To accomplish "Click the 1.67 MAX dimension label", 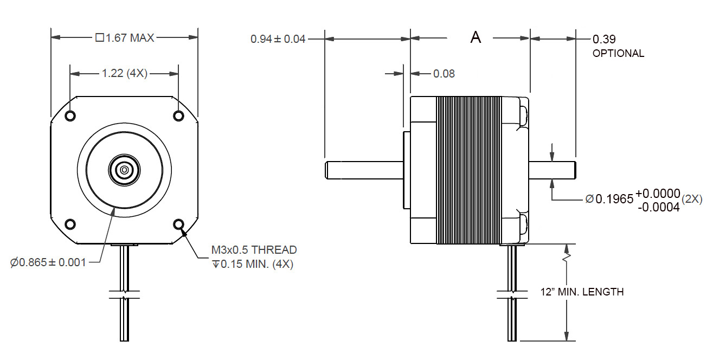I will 125,38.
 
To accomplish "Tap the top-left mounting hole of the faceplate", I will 70,116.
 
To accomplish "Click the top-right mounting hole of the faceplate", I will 179,116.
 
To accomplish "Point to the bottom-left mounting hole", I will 70,224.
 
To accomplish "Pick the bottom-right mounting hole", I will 179,224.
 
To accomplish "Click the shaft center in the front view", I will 125,170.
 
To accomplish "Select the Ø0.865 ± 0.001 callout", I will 48,263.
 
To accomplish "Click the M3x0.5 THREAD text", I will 254,250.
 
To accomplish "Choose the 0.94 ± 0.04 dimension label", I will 278,39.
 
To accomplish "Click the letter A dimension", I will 476,37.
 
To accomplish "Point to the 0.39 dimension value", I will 604,39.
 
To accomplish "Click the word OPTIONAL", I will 618,54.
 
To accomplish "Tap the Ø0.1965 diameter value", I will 609,199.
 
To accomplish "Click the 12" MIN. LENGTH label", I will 582,292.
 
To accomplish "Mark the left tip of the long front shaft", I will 326,170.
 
